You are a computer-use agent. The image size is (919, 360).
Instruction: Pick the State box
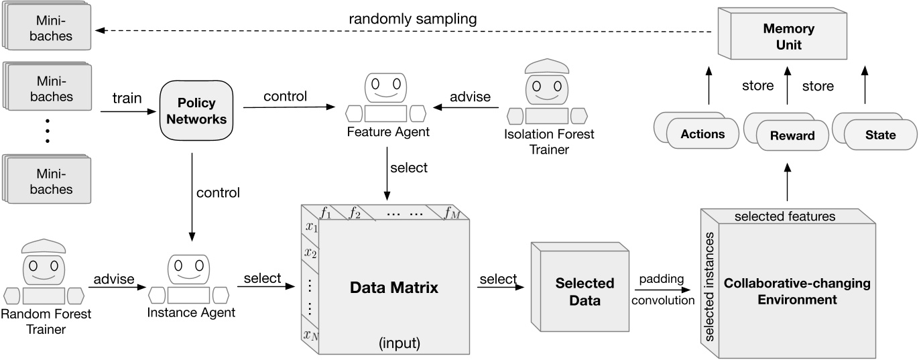point(879,135)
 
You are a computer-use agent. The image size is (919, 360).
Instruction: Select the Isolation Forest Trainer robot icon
point(548,95)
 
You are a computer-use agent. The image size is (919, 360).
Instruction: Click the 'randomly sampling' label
point(412,19)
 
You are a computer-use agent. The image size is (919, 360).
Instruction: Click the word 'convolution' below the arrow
point(664,300)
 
